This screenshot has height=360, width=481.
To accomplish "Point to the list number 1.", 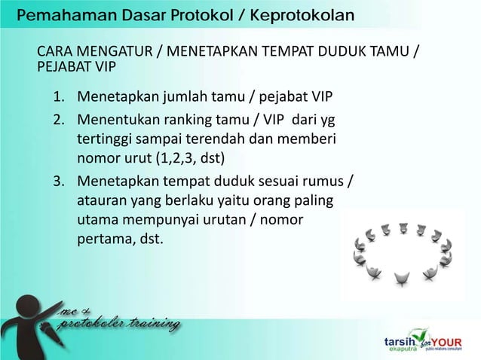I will [59, 99].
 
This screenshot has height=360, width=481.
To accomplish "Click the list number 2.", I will [59, 120].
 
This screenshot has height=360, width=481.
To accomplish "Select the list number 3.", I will [59, 182].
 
